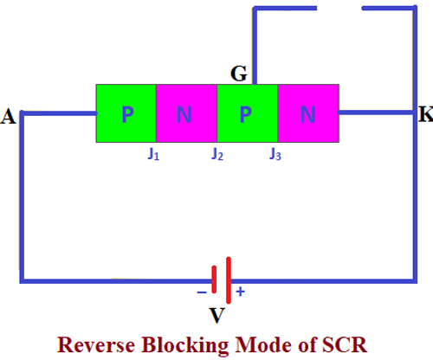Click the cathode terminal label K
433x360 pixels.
click(424, 115)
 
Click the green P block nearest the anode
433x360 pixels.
click(126, 113)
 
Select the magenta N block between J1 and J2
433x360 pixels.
click(185, 113)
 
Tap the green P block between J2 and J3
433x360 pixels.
click(246, 113)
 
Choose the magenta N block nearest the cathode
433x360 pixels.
click(307, 113)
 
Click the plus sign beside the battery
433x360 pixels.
click(240, 292)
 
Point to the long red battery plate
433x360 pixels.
click(227, 280)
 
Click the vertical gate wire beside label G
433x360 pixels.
click(254, 43)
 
